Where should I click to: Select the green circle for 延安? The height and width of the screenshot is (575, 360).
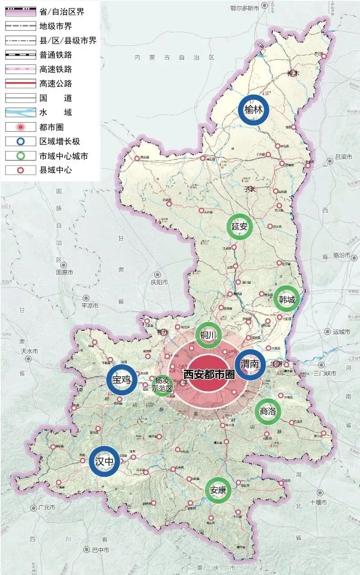click(x=239, y=227)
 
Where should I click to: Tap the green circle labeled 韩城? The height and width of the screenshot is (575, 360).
click(x=287, y=299)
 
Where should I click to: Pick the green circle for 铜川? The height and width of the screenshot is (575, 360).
click(x=208, y=335)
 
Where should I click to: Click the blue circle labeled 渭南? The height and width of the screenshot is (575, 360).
click(x=250, y=365)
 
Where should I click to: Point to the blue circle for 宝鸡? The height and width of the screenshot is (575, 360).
click(x=122, y=380)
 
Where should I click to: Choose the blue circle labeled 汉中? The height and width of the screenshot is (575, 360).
click(x=104, y=461)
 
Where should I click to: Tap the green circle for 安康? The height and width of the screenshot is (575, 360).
click(x=218, y=490)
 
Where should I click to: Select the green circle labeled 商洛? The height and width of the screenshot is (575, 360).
click(x=268, y=411)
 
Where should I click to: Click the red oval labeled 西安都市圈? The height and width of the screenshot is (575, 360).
click(x=208, y=375)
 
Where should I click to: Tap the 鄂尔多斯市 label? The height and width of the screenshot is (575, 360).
click(x=244, y=8)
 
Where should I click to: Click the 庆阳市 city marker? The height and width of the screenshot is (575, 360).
click(x=157, y=275)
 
